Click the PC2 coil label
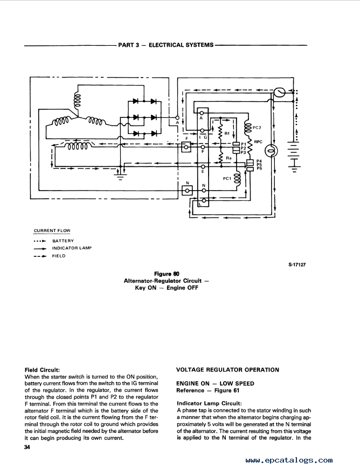(x=257, y=128)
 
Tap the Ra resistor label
(x=229, y=158)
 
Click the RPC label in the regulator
(x=258, y=142)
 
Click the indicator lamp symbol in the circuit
(x=272, y=151)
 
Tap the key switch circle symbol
(x=279, y=92)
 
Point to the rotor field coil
(x=77, y=146)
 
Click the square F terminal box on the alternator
(x=187, y=147)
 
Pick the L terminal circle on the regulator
(x=204, y=200)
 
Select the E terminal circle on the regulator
(x=204, y=166)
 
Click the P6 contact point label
(x=259, y=169)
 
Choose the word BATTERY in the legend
(x=63, y=241)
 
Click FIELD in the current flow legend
(x=59, y=256)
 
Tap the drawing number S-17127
(x=297, y=265)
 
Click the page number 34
(x=27, y=447)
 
